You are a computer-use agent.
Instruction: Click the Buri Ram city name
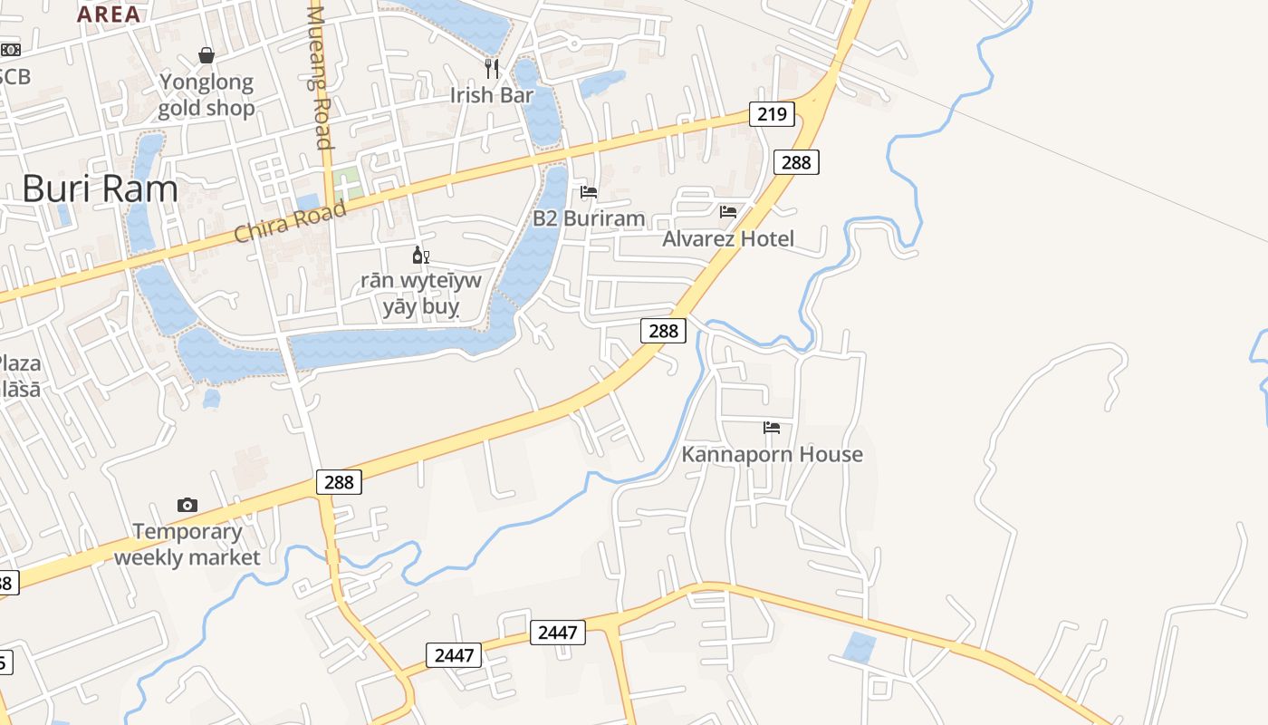pyautogui.click(x=100, y=189)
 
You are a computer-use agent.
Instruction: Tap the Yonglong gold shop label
pyautogui.click(x=207, y=95)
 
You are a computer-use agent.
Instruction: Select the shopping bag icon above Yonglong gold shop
pyautogui.click(x=207, y=55)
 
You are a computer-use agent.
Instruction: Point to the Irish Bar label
pyautogui.click(x=492, y=95)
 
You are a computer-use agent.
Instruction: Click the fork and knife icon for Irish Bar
pyautogui.click(x=492, y=67)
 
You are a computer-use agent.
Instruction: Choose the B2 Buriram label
pyautogui.click(x=589, y=218)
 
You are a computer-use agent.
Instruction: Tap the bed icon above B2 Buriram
pyautogui.click(x=589, y=192)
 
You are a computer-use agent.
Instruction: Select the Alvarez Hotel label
pyautogui.click(x=728, y=238)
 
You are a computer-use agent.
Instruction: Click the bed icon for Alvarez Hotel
pyautogui.click(x=728, y=212)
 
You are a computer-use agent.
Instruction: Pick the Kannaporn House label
pyautogui.click(x=772, y=454)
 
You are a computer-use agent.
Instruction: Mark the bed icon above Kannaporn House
pyautogui.click(x=772, y=428)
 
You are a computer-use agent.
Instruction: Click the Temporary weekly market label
pyautogui.click(x=187, y=544)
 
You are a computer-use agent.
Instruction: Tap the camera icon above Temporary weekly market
pyautogui.click(x=187, y=505)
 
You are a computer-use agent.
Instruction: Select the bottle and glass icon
pyautogui.click(x=420, y=256)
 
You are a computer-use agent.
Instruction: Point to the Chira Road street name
pyautogui.click(x=290, y=221)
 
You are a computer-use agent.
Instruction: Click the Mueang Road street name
pyautogui.click(x=320, y=77)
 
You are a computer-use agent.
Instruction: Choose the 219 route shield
pyautogui.click(x=772, y=114)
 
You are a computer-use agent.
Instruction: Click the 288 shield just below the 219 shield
pyautogui.click(x=796, y=162)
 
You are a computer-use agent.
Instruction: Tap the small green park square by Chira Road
pyautogui.click(x=345, y=185)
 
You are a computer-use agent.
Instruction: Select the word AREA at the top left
pyautogui.click(x=109, y=14)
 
